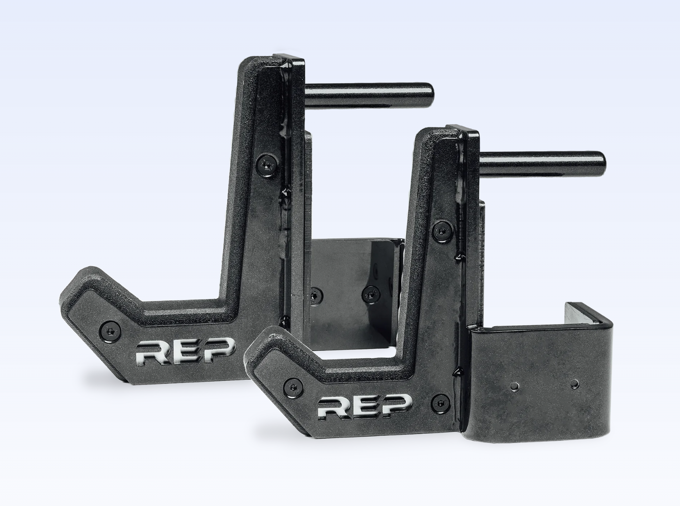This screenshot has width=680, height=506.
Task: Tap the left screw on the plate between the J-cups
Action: (x=315, y=295)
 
